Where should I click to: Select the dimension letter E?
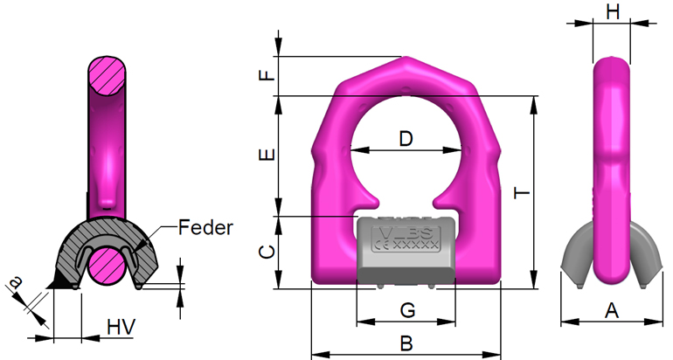point(271,156)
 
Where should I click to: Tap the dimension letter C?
point(271,253)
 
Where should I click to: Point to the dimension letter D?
point(406,138)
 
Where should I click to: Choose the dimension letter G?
point(406,309)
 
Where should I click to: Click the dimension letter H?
point(612,11)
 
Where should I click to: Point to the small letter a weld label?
point(14,280)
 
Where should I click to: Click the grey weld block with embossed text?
point(406,249)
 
